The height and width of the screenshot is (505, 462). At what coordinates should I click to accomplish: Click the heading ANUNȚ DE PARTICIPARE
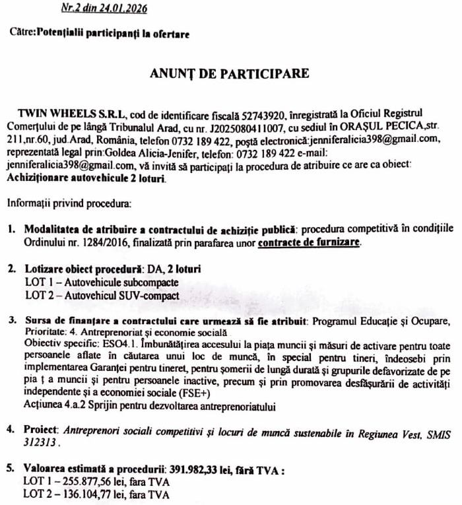click(x=230, y=73)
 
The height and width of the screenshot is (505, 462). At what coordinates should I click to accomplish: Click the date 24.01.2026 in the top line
click(x=124, y=9)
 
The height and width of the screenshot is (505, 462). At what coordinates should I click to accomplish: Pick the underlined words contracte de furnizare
click(x=310, y=242)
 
